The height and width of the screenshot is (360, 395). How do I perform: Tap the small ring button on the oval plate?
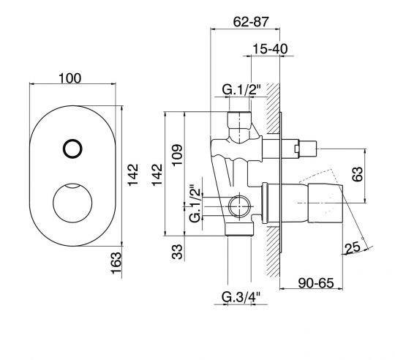[x=72, y=149]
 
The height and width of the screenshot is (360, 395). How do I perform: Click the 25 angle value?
[x=353, y=248]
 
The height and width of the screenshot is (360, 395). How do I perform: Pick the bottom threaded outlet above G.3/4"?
[x=239, y=229]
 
